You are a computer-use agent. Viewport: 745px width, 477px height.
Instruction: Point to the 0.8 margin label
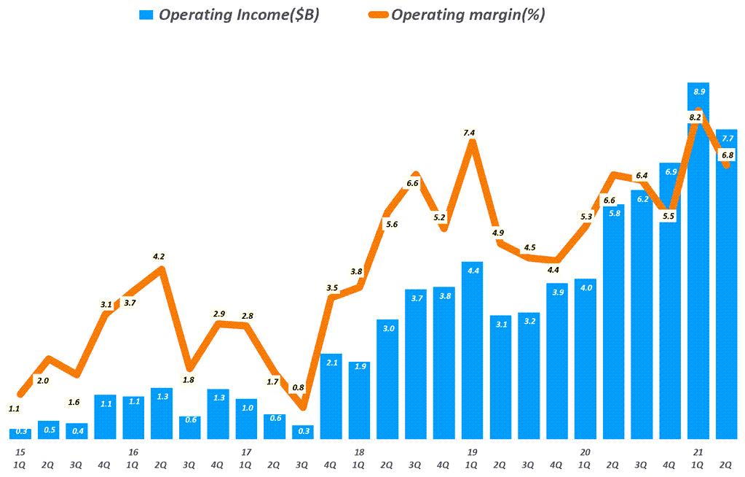click(x=299, y=388)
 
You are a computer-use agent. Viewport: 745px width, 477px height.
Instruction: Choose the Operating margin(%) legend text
click(x=468, y=15)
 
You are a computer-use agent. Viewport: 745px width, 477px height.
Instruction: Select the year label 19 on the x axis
click(x=471, y=452)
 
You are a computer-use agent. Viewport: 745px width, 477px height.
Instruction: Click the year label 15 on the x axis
click(x=19, y=452)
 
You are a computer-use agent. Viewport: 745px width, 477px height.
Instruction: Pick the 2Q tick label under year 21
click(x=727, y=464)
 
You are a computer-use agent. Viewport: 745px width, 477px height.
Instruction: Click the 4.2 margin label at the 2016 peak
click(x=159, y=256)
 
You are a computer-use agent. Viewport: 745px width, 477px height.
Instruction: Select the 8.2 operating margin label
click(x=695, y=117)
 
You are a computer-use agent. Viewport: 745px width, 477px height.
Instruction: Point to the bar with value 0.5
click(x=48, y=430)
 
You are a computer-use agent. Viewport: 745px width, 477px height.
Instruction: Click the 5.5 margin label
click(x=669, y=216)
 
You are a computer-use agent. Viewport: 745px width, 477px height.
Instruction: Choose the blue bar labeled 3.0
click(x=387, y=379)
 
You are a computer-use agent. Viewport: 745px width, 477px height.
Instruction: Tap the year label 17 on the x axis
click(x=245, y=452)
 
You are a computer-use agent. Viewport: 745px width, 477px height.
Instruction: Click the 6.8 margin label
click(x=727, y=155)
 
